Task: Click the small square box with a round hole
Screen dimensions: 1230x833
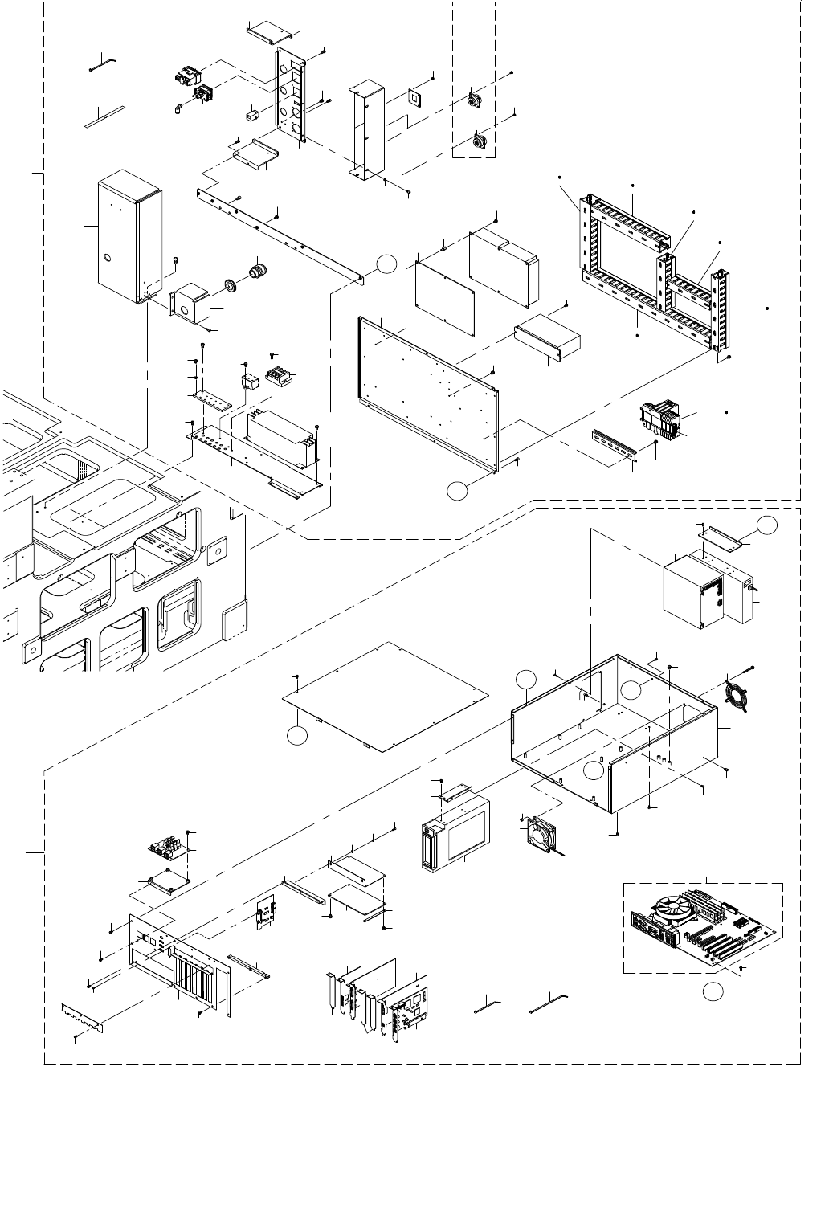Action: click(x=191, y=303)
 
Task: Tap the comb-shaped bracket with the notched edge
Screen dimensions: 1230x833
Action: click(x=82, y=1017)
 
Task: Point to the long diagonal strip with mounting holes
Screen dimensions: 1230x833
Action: click(x=281, y=233)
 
